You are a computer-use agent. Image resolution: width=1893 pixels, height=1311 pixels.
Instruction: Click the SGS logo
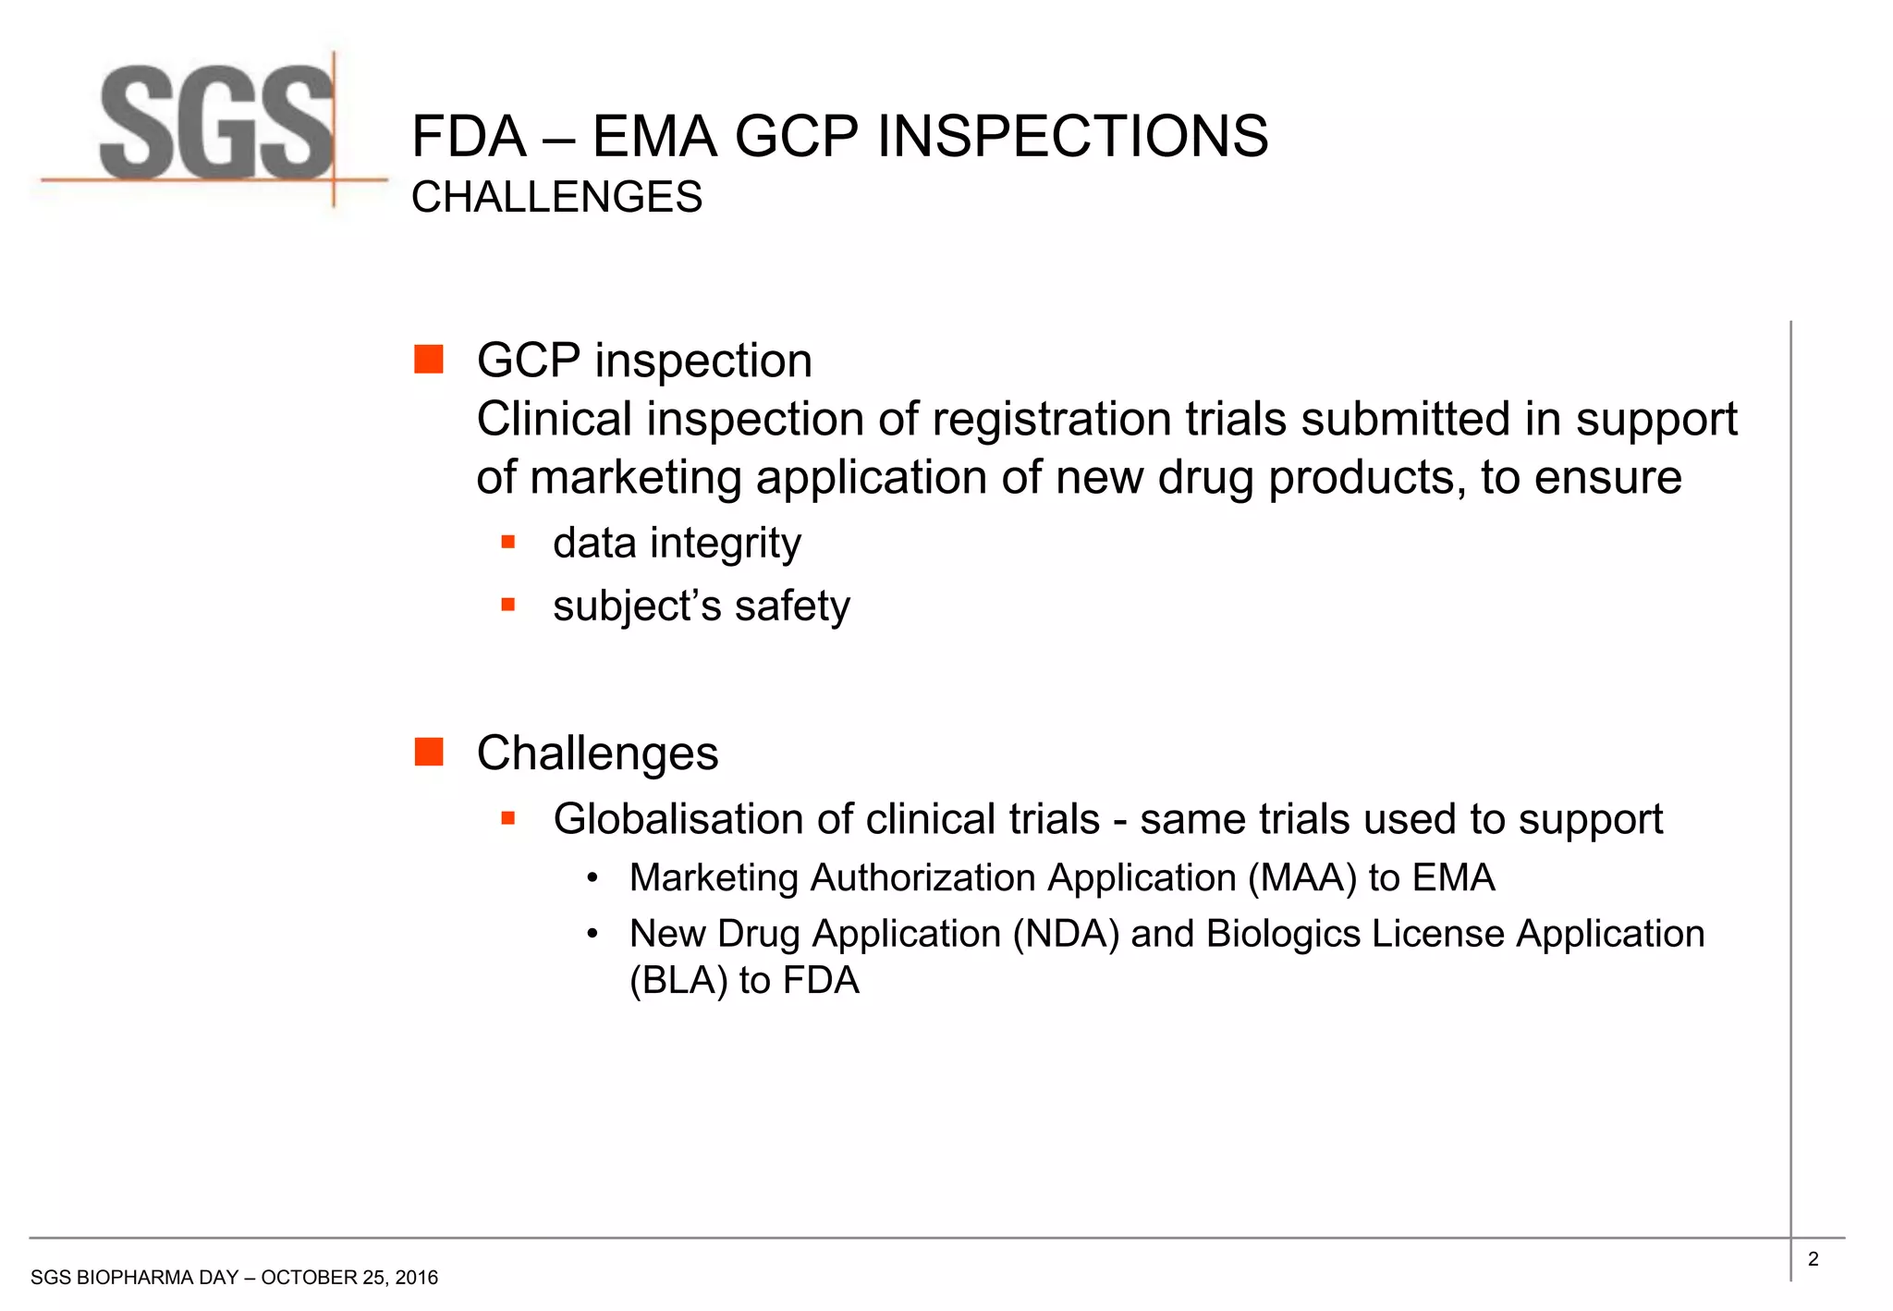[x=216, y=125]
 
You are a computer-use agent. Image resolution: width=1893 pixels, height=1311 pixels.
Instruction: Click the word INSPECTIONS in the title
[x=1072, y=137]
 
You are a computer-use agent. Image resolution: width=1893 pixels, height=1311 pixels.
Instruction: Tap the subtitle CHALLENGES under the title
[x=556, y=197]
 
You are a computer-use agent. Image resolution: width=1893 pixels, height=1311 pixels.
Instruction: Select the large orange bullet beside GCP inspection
[x=429, y=359]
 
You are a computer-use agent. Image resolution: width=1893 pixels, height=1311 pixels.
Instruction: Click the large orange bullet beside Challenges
[x=429, y=752]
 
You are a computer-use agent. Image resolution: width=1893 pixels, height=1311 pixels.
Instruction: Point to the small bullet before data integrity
[x=507, y=542]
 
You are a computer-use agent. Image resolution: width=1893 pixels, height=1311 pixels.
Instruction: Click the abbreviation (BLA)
[x=678, y=980]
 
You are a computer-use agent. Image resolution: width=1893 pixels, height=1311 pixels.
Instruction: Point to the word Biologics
[x=1283, y=934]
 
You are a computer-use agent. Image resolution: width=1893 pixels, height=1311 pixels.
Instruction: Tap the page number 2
[x=1813, y=1258]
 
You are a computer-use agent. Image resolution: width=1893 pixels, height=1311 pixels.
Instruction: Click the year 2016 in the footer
[x=416, y=1278]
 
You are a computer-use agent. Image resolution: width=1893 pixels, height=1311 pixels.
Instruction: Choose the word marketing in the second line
[x=636, y=479]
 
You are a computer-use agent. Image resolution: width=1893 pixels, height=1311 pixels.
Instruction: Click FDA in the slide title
[x=469, y=137]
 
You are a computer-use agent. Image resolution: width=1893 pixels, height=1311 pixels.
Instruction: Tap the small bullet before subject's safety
[x=507, y=605]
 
